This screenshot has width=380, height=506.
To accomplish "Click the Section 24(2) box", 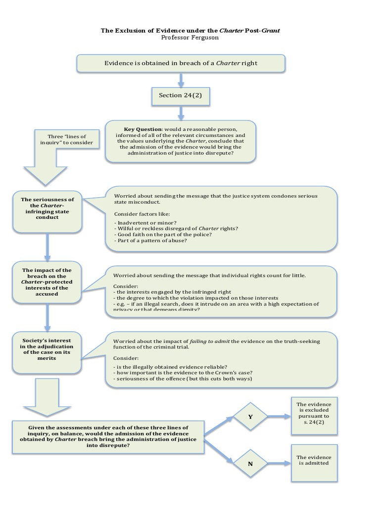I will (180, 95).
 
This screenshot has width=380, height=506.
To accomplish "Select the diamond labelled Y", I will (250, 417).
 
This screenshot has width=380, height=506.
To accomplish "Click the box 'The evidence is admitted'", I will (314, 460).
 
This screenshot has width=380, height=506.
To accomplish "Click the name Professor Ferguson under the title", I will (190, 38).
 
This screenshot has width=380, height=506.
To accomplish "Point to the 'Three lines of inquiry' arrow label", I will (66, 140).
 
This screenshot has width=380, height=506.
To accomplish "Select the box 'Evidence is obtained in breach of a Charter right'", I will (180, 63).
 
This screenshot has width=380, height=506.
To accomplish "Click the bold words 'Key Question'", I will (142, 129).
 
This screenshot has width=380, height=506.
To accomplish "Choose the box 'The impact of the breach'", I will (47, 282).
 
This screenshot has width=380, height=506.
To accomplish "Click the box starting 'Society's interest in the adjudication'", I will (47, 349).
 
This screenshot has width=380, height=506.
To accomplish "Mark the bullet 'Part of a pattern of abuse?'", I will (150, 241).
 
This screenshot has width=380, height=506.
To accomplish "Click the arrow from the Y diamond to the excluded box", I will (279, 417).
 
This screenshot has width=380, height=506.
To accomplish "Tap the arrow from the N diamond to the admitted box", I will (279, 463).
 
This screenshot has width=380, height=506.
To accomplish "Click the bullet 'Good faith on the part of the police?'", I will (163, 235).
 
